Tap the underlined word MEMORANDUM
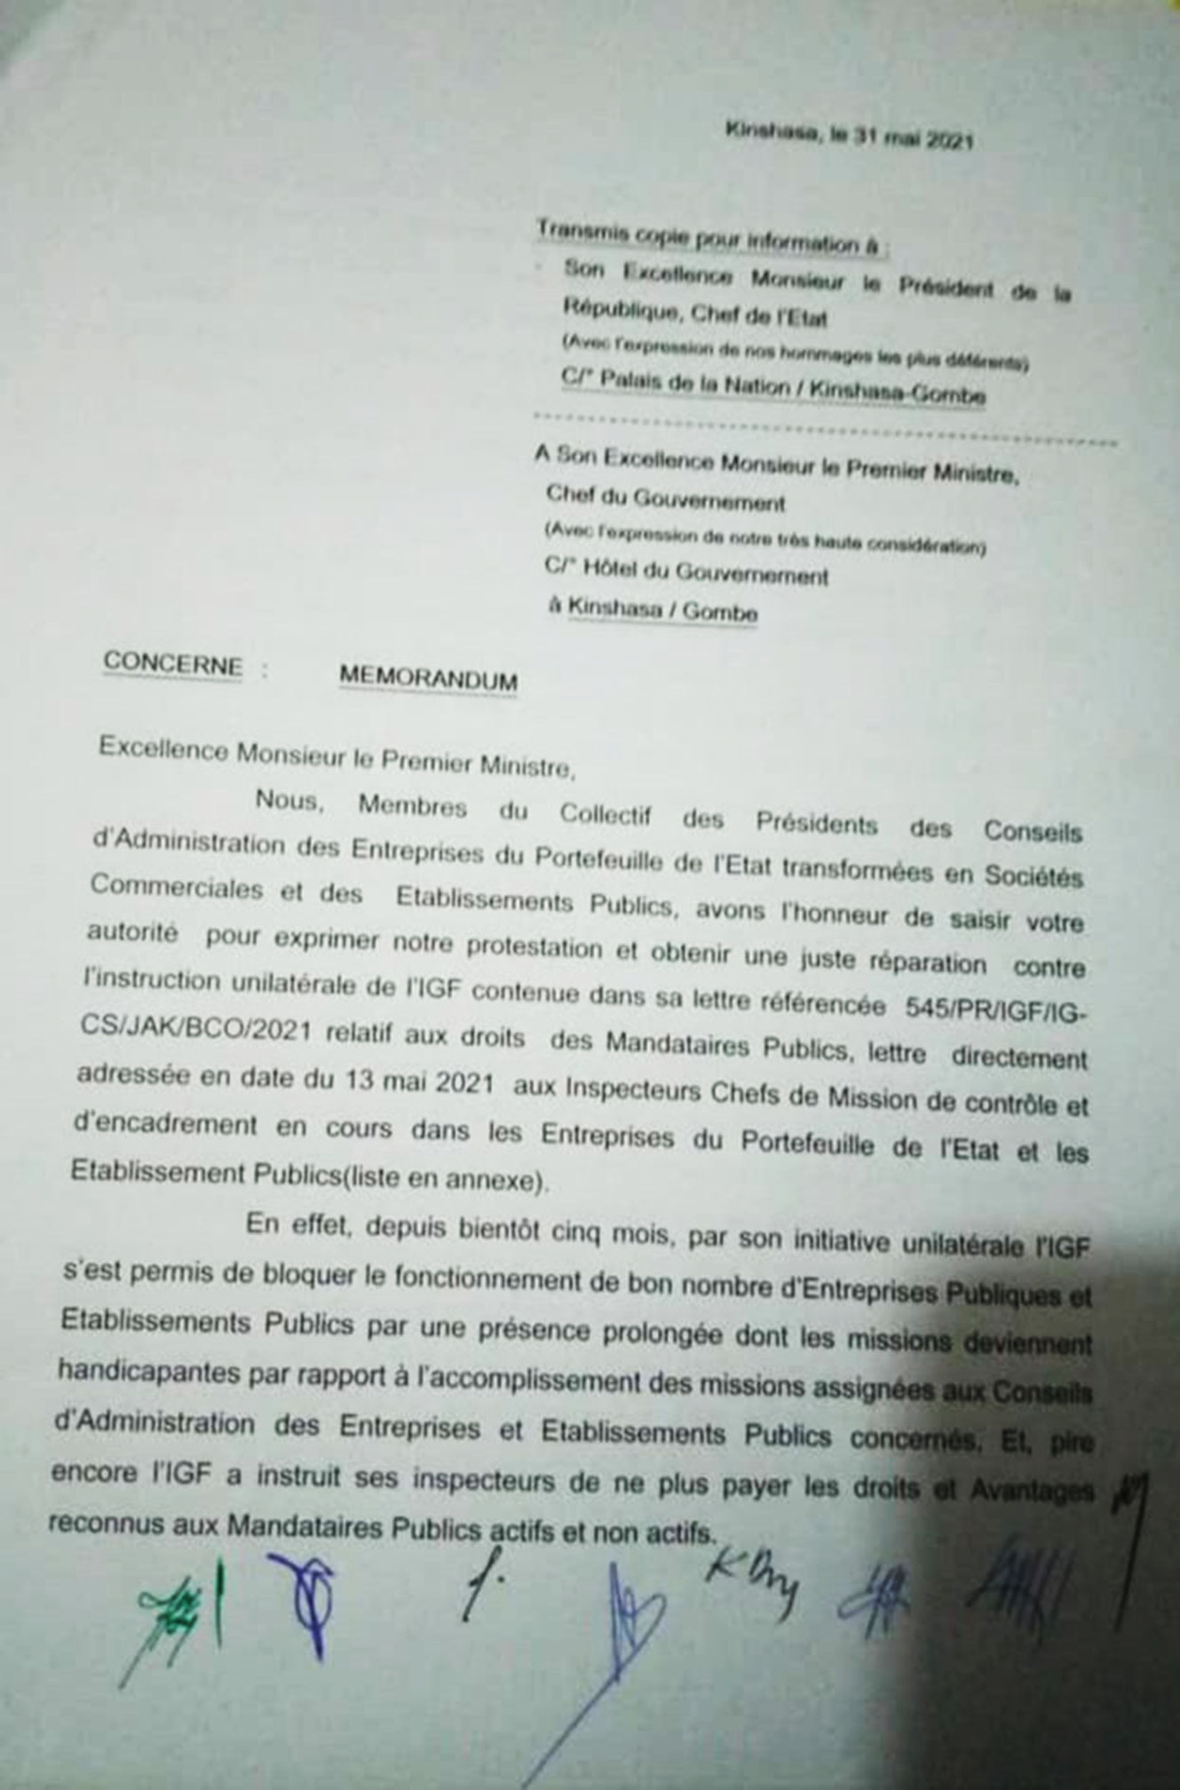click(428, 679)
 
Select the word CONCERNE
click(172, 663)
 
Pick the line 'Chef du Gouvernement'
click(666, 501)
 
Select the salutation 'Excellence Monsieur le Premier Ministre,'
click(337, 760)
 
